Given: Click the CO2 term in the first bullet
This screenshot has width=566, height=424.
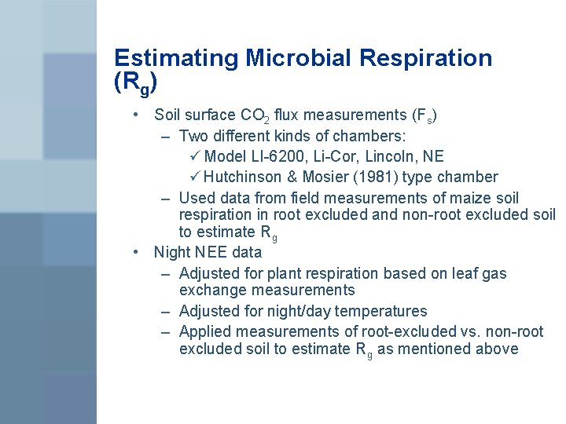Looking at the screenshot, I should point(255,116).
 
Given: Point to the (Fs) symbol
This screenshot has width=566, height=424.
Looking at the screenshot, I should point(424,116).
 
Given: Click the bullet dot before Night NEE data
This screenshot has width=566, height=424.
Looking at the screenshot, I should point(137,253).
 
